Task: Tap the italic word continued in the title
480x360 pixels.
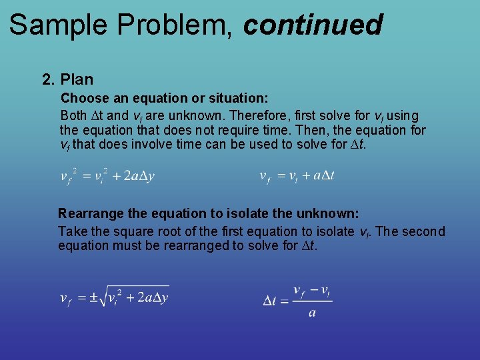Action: click(313, 25)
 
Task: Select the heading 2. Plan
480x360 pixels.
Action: click(67, 80)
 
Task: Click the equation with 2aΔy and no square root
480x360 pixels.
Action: click(107, 176)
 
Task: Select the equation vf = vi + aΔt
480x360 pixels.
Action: click(297, 176)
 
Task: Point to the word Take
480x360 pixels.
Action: click(71, 232)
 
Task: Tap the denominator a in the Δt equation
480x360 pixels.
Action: click(312, 313)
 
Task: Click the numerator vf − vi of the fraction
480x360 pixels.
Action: click(312, 291)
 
